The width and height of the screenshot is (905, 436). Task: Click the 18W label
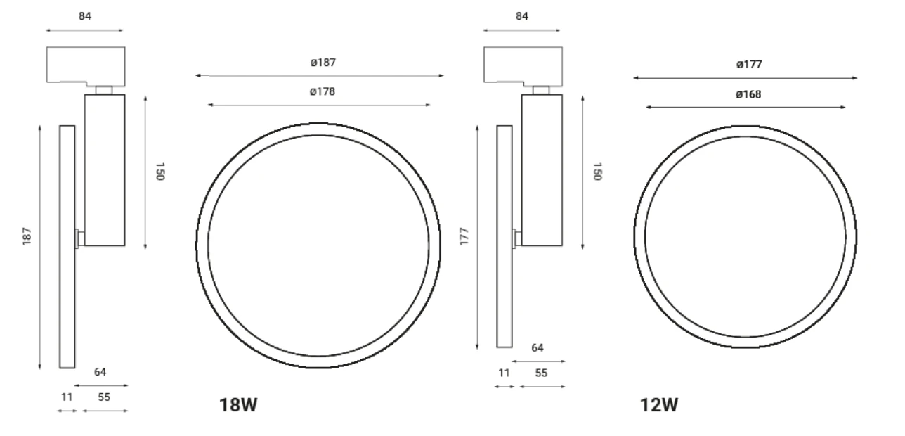point(238,405)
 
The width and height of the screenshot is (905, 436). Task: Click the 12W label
point(659,405)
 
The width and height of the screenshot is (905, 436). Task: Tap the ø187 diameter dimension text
point(323,63)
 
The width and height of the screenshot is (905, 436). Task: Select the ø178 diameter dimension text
point(323,92)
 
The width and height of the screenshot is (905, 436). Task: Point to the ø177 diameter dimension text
point(749,65)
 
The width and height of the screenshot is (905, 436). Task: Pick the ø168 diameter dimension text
point(748,95)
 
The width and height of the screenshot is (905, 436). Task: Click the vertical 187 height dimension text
point(27,236)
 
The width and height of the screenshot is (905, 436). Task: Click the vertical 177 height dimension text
point(464,236)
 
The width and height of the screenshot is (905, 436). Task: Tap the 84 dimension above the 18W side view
point(85,16)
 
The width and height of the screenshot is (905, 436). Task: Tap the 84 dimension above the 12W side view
point(522,16)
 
